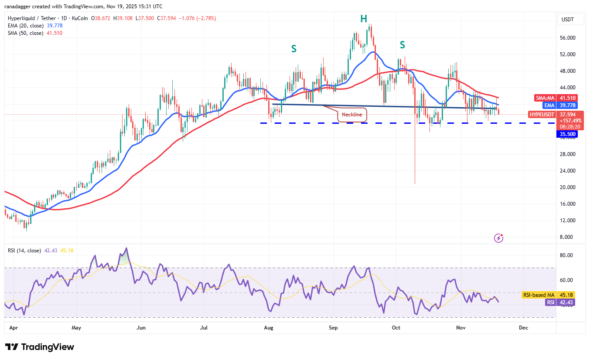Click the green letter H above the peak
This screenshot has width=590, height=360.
pos(364,18)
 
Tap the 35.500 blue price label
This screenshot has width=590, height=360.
pos(566,134)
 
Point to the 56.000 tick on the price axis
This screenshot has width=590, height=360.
pos(567,38)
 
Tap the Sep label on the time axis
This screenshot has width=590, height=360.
pos(333,327)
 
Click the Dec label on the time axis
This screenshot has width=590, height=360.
pos(523,327)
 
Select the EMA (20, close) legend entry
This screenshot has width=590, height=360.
pos(26,26)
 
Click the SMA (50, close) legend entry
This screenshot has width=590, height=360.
pos(26,33)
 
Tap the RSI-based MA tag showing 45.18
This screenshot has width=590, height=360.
pos(538,295)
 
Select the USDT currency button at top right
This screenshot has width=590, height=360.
pos(568,19)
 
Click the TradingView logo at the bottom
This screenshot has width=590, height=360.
pos(40,347)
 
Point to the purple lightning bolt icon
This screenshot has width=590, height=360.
pos(499,238)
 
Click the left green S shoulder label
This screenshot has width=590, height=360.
pos(294,49)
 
